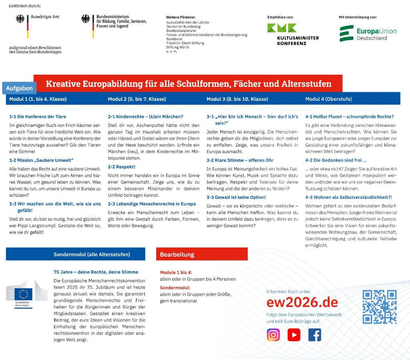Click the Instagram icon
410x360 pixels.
[x=273, y=334]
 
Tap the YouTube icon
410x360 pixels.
[x=294, y=334]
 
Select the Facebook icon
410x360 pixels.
[x=315, y=334]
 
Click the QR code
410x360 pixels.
[x=379, y=307]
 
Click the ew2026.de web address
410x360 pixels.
[x=302, y=302]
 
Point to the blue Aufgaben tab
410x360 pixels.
[x=19, y=88]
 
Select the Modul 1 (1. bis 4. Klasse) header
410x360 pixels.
[x=38, y=99]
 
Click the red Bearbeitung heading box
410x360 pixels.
[x=202, y=254]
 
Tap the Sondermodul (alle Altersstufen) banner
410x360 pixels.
[x=92, y=254]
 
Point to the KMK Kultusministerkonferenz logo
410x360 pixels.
[x=293, y=34]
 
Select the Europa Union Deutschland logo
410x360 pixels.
[x=368, y=34]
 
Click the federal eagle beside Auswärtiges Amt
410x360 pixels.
[x=20, y=19]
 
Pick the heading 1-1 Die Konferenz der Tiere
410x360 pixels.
[x=38, y=117]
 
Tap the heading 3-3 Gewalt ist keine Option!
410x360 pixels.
[x=236, y=198]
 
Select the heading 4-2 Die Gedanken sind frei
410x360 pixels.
[x=336, y=160]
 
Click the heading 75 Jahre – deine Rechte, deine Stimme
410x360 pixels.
[x=96, y=272]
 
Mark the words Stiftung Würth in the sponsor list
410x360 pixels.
[x=178, y=47]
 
